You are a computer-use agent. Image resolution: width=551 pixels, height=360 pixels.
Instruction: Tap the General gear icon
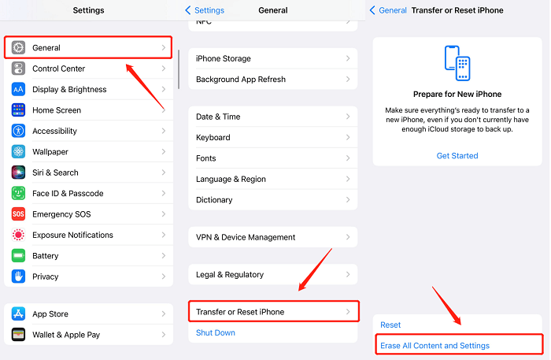pyautogui.click(x=18, y=47)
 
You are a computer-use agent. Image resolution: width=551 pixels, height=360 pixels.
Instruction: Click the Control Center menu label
pyautogui.click(x=59, y=69)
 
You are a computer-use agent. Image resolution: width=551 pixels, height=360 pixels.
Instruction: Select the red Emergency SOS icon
pyautogui.click(x=18, y=213)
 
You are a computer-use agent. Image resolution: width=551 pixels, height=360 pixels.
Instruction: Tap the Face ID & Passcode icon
pyautogui.click(x=18, y=193)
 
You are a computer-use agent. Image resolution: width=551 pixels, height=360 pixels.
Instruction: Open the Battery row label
pyautogui.click(x=46, y=255)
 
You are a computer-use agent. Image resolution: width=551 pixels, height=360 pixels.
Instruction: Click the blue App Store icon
pyautogui.click(x=18, y=314)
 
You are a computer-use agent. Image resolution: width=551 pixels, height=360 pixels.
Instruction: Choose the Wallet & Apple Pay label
pyautogui.click(x=66, y=335)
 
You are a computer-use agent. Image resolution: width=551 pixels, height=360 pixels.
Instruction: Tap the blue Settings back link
pyautogui.click(x=205, y=10)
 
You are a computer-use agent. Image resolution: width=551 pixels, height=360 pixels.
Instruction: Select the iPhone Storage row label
pyautogui.click(x=224, y=58)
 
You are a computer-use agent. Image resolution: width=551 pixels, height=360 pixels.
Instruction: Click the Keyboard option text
pyautogui.click(x=213, y=137)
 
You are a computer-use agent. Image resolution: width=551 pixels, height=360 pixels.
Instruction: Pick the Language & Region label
pyautogui.click(x=231, y=179)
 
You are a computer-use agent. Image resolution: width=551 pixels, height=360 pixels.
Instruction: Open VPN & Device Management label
pyautogui.click(x=246, y=237)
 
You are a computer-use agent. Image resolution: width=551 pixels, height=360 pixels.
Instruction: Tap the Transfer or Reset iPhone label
pyautogui.click(x=240, y=312)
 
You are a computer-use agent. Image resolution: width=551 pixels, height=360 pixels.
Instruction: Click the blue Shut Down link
pyautogui.click(x=216, y=332)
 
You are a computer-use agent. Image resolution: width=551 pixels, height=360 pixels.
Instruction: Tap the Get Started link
pyautogui.click(x=457, y=156)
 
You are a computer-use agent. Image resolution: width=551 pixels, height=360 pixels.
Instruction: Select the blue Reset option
pyautogui.click(x=390, y=325)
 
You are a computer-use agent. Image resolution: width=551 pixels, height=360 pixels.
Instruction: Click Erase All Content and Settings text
pyautogui.click(x=435, y=346)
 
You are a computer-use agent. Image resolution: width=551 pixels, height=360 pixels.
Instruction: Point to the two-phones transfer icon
pyautogui.click(x=457, y=63)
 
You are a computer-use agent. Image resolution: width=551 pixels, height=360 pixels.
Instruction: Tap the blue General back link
pyautogui.click(x=388, y=10)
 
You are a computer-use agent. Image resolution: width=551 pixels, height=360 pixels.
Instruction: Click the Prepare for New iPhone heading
pyautogui.click(x=457, y=95)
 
